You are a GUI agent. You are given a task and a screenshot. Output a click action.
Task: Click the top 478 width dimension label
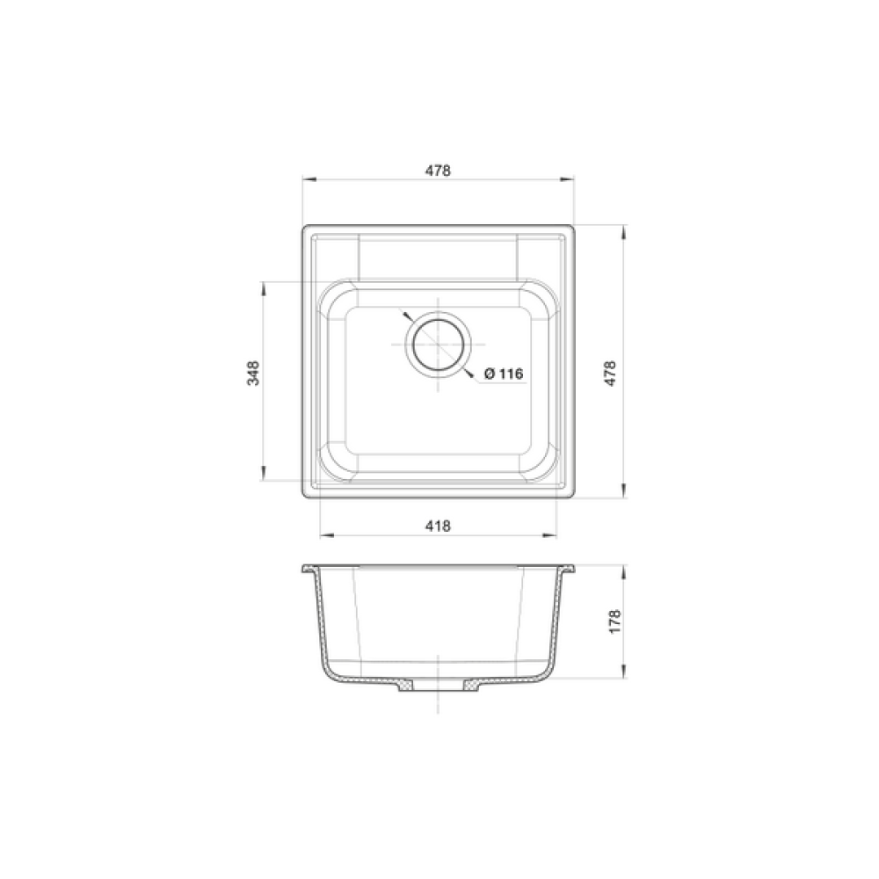click(437, 171)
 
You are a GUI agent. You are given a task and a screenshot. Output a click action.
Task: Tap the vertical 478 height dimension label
click(611, 373)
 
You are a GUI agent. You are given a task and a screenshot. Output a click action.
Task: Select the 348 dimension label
click(253, 373)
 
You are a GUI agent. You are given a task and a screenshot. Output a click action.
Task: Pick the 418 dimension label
click(437, 526)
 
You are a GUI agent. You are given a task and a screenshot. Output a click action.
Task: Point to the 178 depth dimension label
click(615, 621)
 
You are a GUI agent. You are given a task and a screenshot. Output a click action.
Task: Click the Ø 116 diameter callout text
click(504, 374)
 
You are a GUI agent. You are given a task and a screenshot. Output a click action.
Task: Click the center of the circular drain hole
click(438, 344)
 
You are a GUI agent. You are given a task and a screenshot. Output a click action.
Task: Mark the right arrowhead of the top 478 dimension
click(566, 180)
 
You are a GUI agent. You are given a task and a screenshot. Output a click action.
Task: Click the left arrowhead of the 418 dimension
click(327, 535)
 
